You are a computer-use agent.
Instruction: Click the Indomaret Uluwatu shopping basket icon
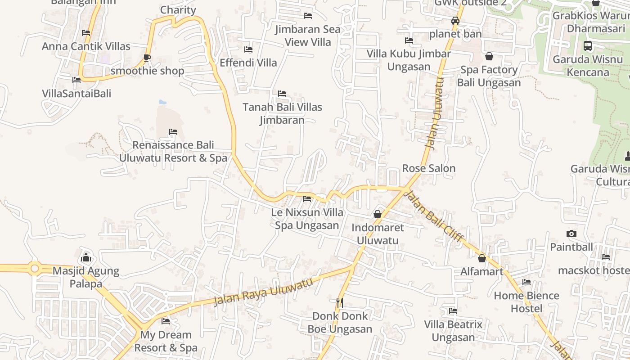pyautogui.click(x=378, y=214)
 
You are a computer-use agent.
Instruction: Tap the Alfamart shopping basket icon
pyautogui.click(x=482, y=258)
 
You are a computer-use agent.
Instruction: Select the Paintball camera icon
pyautogui.click(x=571, y=234)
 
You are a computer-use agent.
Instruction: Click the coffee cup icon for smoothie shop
pyautogui.click(x=147, y=58)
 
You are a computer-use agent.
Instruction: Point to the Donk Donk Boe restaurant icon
pyautogui.click(x=340, y=302)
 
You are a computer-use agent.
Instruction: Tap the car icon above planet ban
pyautogui.click(x=455, y=21)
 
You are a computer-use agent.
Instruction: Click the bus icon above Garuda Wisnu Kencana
pyautogui.click(x=588, y=45)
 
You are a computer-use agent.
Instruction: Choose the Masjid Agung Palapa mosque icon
pyautogui.click(x=86, y=257)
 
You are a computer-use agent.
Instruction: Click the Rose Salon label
pyautogui.click(x=429, y=168)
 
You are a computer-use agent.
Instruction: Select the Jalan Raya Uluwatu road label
pyautogui.click(x=263, y=292)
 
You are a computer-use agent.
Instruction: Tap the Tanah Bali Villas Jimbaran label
pyautogui.click(x=283, y=113)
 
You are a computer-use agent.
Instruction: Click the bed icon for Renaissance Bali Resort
pyautogui.click(x=173, y=132)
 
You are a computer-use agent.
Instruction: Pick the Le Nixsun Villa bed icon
pyautogui.click(x=307, y=198)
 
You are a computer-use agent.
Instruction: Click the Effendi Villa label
pyautogui.click(x=248, y=63)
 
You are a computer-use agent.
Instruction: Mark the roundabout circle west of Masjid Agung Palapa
pyautogui.click(x=35, y=269)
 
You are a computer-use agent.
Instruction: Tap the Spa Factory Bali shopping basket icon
pyautogui.click(x=489, y=56)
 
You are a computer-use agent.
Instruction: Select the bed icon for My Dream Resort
pyautogui.click(x=166, y=321)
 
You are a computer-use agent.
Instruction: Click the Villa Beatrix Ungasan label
pyautogui.click(x=453, y=331)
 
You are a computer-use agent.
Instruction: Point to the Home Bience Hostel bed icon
pyautogui.click(x=526, y=282)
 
